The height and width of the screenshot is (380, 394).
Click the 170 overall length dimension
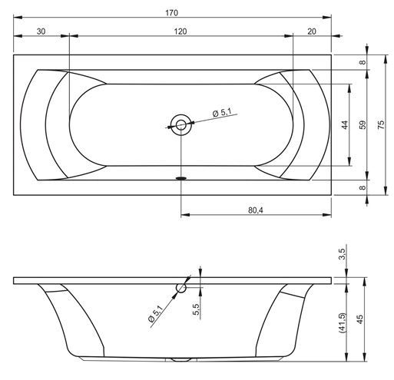pos(171,13)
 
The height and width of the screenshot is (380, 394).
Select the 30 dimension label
pos(41,31)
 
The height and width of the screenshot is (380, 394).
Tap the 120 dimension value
pos(180,31)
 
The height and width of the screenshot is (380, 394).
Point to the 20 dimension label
pos(312,31)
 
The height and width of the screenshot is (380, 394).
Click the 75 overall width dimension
pos(381,124)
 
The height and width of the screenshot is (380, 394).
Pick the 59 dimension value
pos(363,124)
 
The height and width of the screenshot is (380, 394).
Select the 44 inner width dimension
pos(345,125)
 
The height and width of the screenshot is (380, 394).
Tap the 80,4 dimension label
pos(256,210)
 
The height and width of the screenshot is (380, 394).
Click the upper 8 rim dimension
pos(363,62)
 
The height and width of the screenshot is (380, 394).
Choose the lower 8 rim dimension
pos(363,187)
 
